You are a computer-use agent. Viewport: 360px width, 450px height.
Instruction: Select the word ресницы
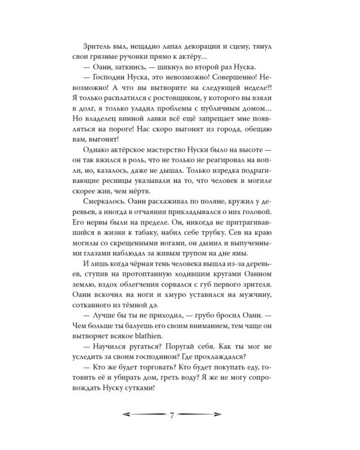pos(100,187)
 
